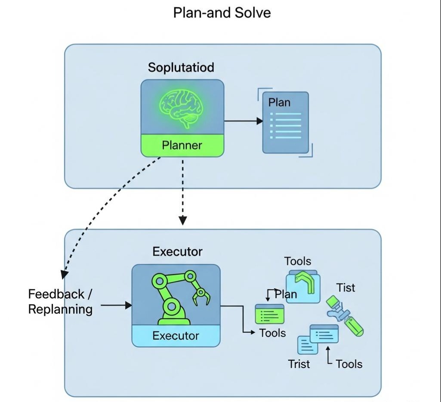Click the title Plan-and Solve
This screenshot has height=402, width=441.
[x=222, y=12]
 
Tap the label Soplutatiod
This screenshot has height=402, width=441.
[x=181, y=68]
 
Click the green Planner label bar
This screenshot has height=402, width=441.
[x=182, y=145]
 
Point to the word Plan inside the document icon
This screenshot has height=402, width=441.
[x=279, y=102]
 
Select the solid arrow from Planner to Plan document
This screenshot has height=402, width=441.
[x=243, y=121]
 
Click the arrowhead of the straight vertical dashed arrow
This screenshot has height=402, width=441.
[x=183, y=220]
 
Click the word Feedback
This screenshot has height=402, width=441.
[x=56, y=294]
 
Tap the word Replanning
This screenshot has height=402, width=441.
[x=60, y=309]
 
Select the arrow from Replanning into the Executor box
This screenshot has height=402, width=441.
[x=116, y=305]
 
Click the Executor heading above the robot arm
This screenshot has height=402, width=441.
[x=177, y=252]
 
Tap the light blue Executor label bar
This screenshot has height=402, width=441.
[x=176, y=336]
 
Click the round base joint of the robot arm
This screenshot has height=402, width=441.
[x=172, y=307]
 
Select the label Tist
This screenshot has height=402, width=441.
[x=346, y=287]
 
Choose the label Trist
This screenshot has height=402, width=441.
[x=299, y=364]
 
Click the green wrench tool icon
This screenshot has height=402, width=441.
[x=345, y=315]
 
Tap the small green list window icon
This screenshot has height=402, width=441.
[x=269, y=314]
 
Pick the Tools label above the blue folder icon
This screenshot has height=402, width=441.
[x=298, y=261]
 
